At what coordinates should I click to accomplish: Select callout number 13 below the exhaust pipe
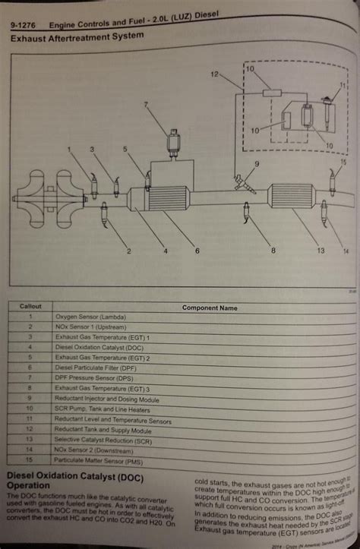[x=298, y=250]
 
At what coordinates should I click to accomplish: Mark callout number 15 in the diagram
[x=343, y=162]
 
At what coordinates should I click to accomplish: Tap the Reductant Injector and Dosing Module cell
[x=109, y=397]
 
